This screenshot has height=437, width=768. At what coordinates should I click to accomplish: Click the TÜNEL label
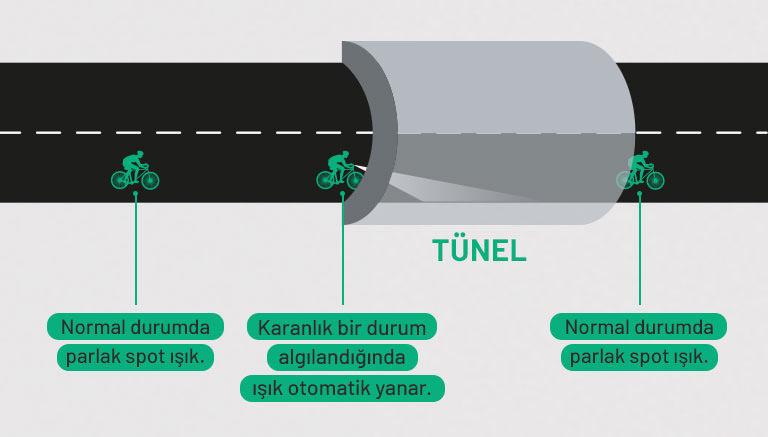(479, 249)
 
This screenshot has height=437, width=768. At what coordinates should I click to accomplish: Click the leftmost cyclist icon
(135, 171)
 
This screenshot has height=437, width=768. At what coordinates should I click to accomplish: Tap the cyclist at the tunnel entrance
(341, 171)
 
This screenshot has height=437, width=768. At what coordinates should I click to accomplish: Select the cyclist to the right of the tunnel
(640, 171)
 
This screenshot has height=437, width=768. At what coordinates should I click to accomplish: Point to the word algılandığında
(341, 357)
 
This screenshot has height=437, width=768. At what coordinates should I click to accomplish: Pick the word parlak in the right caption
(597, 357)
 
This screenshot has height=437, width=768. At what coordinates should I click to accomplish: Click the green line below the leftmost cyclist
(136, 250)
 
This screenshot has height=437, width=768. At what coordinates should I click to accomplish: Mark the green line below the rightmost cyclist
(640, 250)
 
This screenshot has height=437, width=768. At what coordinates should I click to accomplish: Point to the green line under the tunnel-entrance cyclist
(342, 250)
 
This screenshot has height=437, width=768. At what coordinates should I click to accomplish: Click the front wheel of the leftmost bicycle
(149, 180)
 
